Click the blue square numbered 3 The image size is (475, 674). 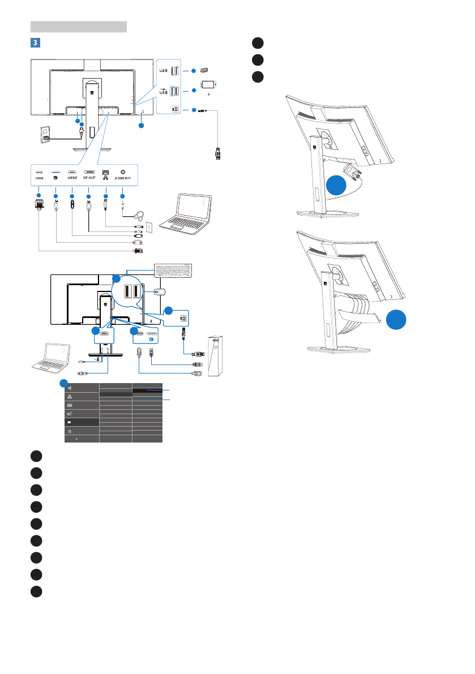click(34, 42)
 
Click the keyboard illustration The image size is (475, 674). click(173, 272)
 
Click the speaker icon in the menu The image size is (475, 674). click(69, 388)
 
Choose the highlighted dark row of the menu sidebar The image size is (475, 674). click(82, 422)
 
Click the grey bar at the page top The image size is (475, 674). click(78, 26)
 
